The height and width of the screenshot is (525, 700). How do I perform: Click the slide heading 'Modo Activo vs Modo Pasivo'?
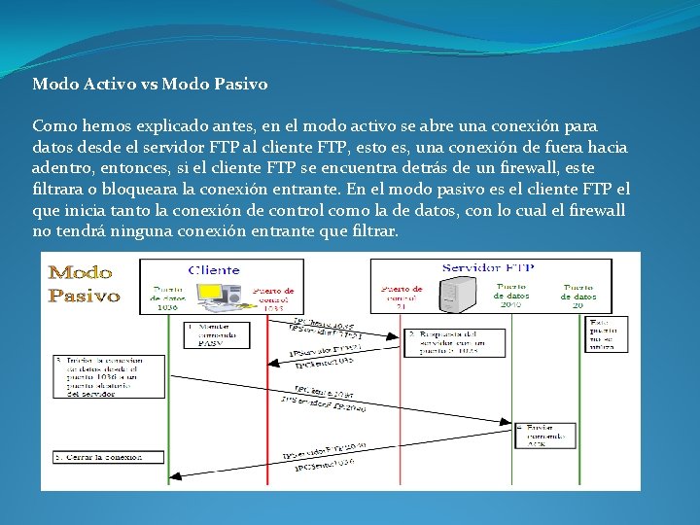(150, 85)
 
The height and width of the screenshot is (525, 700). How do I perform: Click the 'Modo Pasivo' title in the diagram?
(85, 283)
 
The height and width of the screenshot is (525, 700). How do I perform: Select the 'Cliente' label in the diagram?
(214, 269)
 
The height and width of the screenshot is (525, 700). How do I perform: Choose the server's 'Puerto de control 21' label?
(401, 297)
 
